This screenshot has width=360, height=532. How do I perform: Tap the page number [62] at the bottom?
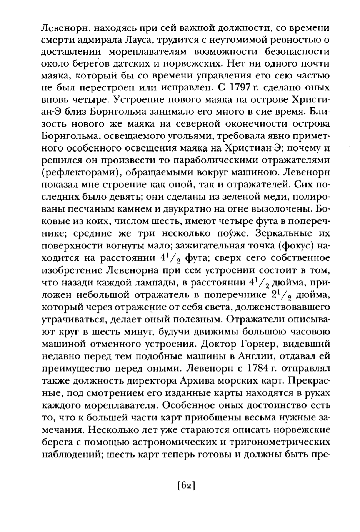[x=187, y=486]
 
